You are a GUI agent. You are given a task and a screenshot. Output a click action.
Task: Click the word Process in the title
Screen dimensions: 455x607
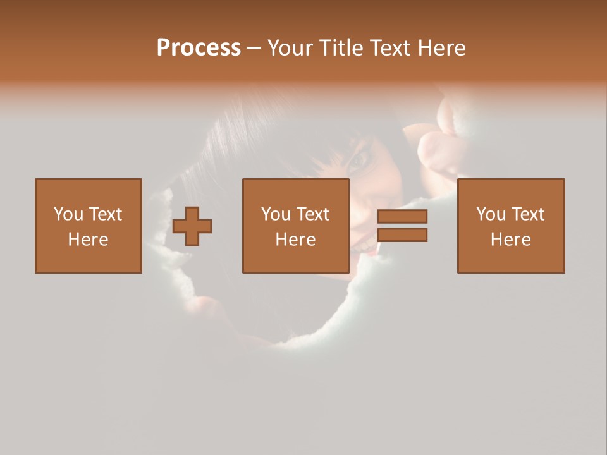pos(199,48)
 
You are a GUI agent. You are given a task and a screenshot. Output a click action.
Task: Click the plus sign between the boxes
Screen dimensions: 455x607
pos(192,226)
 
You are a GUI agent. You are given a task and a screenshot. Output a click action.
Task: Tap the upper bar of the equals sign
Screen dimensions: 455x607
pos(402,217)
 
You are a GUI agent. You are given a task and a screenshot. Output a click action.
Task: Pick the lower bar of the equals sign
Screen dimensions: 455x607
pos(402,235)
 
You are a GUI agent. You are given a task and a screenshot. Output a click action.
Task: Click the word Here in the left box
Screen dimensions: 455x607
pos(88,240)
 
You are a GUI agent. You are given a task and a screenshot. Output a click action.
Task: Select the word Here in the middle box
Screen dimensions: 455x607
pos(295,240)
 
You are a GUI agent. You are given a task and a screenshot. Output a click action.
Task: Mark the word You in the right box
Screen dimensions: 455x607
pos(491,214)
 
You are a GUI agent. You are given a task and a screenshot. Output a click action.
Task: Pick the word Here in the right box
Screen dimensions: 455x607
pos(510,240)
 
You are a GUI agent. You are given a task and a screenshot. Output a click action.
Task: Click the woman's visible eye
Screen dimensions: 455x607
pos(360,160)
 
